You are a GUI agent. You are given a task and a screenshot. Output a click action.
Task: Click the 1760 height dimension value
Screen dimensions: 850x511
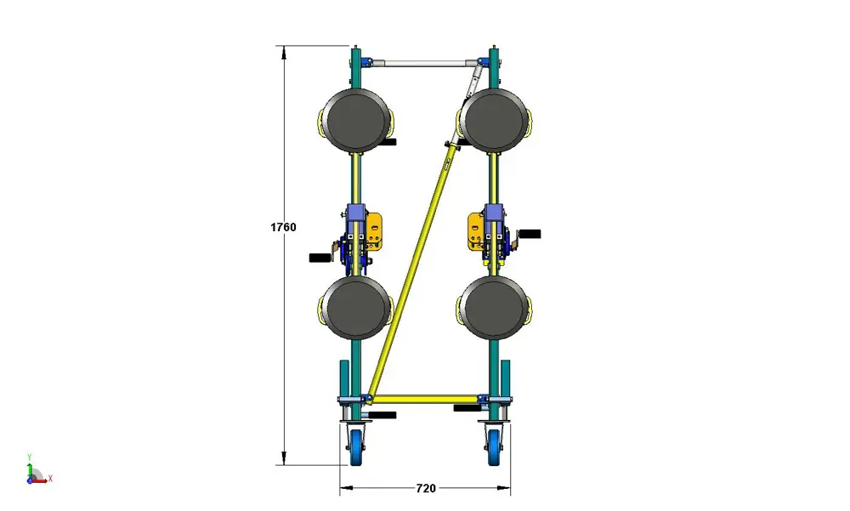coord(283,227)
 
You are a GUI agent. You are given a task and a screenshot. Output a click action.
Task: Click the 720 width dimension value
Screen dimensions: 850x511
coord(426,488)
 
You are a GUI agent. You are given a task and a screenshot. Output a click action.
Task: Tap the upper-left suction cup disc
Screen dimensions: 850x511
coord(355,121)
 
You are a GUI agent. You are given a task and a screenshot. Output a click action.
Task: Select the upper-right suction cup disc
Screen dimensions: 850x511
coord(496,121)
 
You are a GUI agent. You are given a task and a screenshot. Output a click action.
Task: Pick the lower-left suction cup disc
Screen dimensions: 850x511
coord(355,308)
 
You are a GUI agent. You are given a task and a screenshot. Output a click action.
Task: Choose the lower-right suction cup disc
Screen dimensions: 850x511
coord(496,308)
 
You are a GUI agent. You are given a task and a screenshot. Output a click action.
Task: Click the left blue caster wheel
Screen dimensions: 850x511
coord(357,447)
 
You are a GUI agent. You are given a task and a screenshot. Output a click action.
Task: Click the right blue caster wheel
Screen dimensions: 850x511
coord(494,447)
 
